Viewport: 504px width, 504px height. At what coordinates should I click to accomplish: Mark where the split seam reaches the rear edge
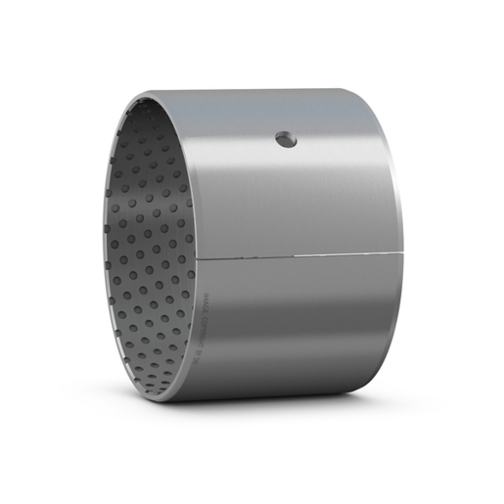(x=403, y=253)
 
